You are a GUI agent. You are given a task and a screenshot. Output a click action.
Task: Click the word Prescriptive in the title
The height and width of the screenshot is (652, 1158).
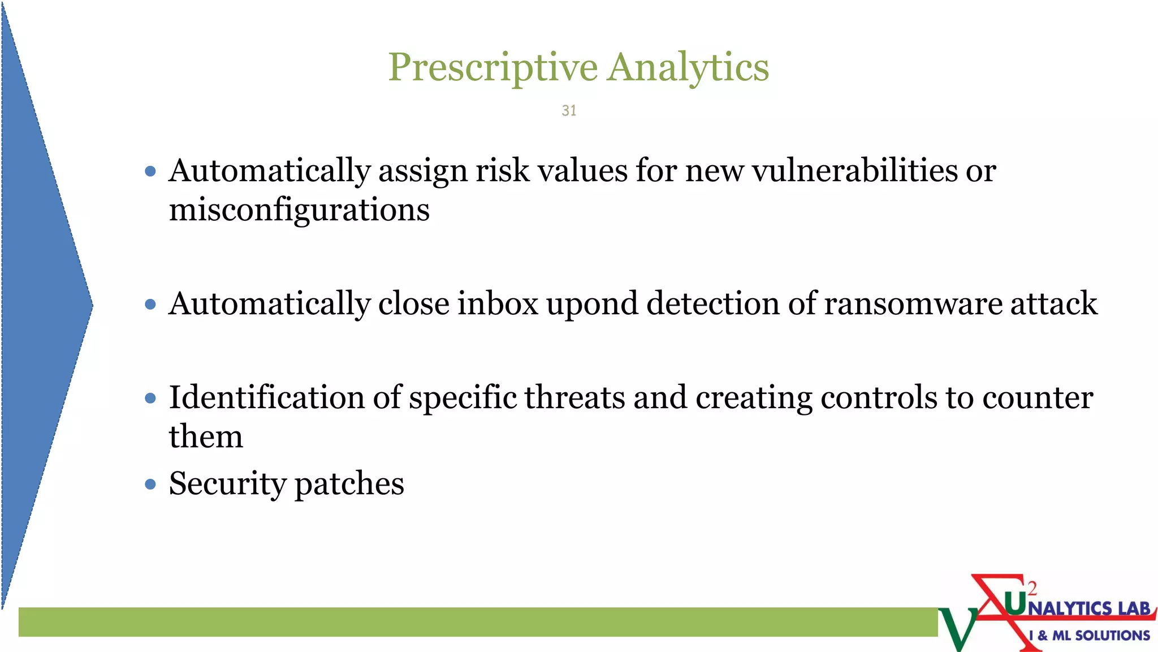[492, 68]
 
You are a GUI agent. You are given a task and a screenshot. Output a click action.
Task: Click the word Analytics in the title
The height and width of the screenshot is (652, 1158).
[688, 68]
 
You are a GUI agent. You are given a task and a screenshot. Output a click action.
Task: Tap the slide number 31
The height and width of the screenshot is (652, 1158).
[569, 110]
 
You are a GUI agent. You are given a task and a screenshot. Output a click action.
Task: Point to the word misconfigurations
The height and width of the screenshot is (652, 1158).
[299, 210]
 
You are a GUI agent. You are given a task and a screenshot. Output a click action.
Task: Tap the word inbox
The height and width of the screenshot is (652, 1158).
[498, 304]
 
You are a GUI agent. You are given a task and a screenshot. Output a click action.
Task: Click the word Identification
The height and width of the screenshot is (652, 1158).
[266, 397]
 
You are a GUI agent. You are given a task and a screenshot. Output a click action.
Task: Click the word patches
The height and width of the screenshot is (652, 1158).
[349, 484]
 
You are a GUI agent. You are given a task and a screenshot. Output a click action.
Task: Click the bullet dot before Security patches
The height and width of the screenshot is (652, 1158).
[150, 484]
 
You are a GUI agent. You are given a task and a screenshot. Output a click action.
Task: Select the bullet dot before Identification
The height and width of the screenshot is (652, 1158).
[150, 398]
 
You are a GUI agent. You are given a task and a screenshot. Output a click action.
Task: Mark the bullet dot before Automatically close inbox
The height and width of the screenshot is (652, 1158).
[150, 304]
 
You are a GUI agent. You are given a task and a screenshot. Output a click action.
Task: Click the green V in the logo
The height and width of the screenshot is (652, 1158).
[957, 628]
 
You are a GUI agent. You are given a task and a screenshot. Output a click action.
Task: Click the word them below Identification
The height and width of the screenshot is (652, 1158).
[206, 437]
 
